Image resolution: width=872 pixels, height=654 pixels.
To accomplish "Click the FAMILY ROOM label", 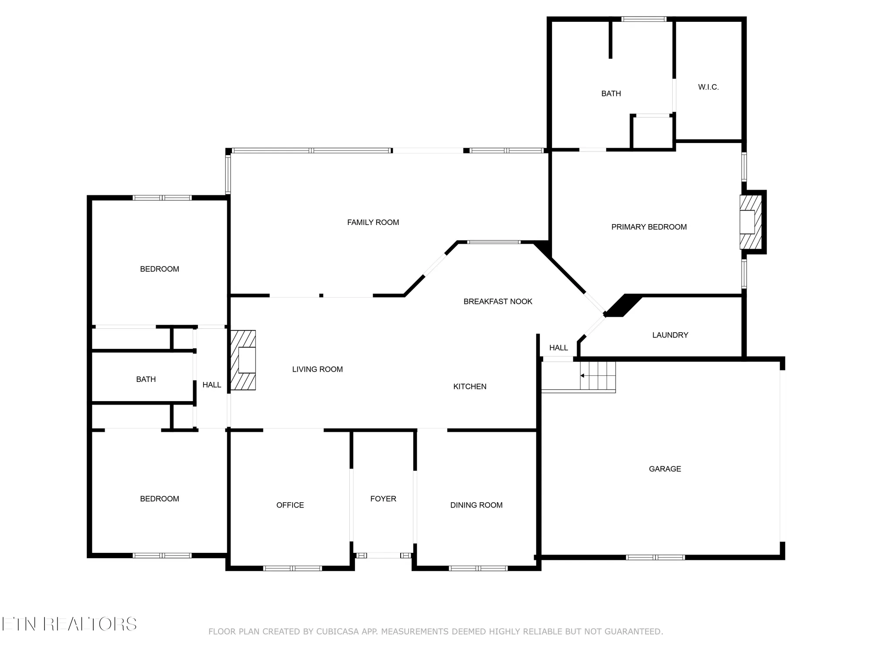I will point(373,222).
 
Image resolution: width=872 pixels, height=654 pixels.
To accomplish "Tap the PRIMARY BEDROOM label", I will point(649,227).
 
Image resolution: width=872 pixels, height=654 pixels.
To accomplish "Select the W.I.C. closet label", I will point(708,87).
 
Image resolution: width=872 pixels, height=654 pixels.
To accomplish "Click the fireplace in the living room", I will point(243,360).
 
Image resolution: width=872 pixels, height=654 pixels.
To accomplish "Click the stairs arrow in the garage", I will point(582,375).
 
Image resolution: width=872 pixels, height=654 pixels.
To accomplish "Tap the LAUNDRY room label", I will point(670,335).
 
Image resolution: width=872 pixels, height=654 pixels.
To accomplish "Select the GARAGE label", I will point(664,469).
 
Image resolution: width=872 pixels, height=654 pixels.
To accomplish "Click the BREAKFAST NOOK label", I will point(497,301).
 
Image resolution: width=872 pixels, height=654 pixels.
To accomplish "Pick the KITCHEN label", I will point(470,386).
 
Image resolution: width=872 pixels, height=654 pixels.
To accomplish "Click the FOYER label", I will point(383,499).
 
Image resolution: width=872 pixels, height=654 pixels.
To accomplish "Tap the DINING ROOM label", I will point(476,505).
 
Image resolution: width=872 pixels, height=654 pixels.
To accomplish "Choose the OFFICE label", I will point(290,505).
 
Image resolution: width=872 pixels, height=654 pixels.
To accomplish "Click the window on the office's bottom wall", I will point(293,568).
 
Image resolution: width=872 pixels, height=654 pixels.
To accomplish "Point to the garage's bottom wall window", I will point(655,557).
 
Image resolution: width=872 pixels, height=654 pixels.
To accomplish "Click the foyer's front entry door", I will point(383,555).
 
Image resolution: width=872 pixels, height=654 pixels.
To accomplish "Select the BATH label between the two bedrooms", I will point(146,379).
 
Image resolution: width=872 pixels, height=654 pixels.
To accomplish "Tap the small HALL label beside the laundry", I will point(559,347).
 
